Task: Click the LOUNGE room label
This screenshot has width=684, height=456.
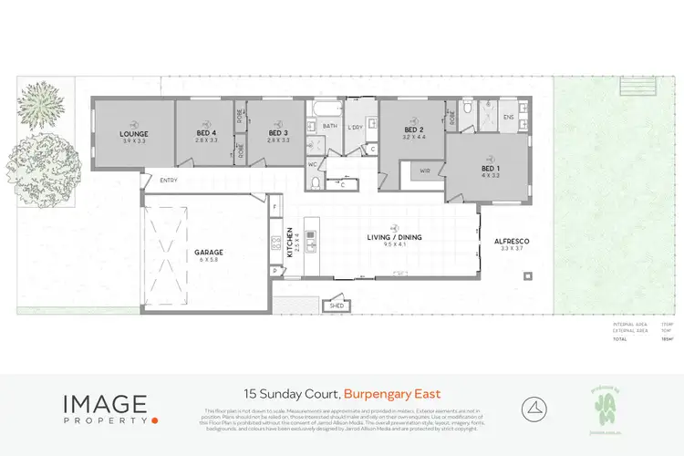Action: coord(135,134)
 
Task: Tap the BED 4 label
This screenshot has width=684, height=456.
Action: coord(206,134)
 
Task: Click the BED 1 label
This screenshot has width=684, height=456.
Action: coord(491,169)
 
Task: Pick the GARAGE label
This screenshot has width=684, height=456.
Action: coord(208,252)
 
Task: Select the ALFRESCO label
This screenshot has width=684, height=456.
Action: coord(512,241)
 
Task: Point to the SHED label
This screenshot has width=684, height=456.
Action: coord(336,306)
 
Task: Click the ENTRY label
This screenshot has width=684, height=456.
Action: coord(169,181)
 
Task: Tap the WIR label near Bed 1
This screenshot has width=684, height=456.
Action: coord(425,171)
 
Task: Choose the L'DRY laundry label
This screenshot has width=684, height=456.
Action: coord(356,127)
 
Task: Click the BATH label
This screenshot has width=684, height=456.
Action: coord(330,127)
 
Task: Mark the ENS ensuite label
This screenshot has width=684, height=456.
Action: coord(509,117)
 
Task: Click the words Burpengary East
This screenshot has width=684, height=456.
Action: coord(393,394)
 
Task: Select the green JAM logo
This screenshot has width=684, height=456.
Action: coord(606,404)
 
